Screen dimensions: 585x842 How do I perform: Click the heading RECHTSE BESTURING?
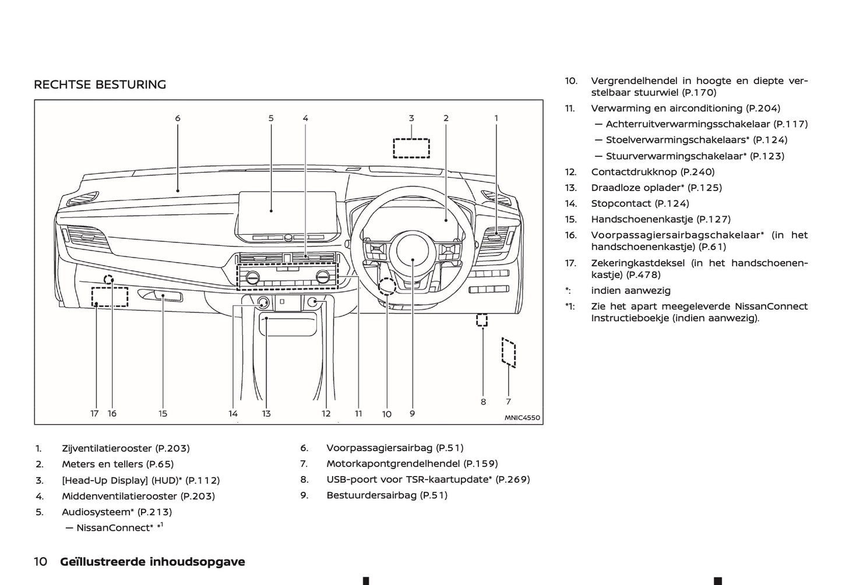[x=100, y=84]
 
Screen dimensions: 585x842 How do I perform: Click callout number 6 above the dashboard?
[x=178, y=118]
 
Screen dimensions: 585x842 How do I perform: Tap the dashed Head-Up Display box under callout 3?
[x=411, y=148]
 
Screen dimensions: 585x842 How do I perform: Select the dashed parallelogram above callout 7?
[x=509, y=352]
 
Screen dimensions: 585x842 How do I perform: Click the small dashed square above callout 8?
[x=482, y=320]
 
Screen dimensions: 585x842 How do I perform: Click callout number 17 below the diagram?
[x=94, y=414]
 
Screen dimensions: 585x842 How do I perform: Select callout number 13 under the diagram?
[x=266, y=414]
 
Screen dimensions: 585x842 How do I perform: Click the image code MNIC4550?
[x=522, y=418]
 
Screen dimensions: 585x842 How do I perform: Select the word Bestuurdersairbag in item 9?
[x=372, y=495]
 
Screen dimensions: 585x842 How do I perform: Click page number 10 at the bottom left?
[x=40, y=562]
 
